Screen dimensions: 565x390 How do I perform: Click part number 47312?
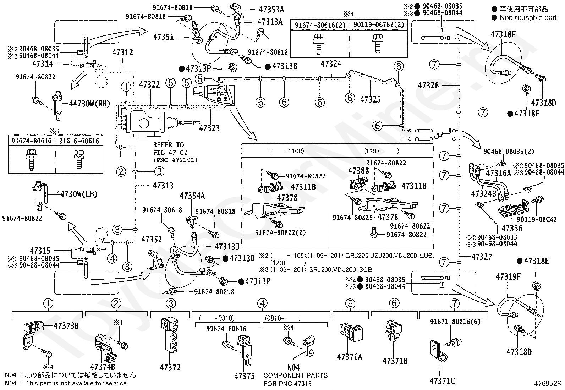pyautogui.click(x=122, y=52)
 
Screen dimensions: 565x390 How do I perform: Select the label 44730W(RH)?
pyautogui.click(x=89, y=103)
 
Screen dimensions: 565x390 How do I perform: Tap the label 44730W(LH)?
pyautogui.click(x=77, y=194)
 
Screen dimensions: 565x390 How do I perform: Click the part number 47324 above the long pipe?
pyautogui.click(x=331, y=64)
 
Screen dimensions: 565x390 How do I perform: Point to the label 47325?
pyautogui.click(x=370, y=99)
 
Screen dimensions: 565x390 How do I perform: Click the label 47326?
pyautogui.click(x=429, y=86)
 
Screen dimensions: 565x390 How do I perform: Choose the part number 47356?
pyautogui.click(x=512, y=228)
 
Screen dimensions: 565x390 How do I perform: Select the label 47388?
pyautogui.click(x=358, y=171)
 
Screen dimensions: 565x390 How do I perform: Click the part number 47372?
pyautogui.click(x=170, y=367)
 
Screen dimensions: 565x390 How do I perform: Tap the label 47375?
pyautogui.click(x=245, y=376)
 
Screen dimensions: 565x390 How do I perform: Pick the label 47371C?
pyautogui.click(x=442, y=381)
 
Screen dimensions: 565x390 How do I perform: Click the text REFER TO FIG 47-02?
pyautogui.click(x=170, y=149)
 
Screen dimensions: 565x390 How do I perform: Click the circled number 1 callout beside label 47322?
pyautogui.click(x=126, y=87)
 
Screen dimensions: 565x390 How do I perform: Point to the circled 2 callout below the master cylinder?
pyautogui.click(x=121, y=171)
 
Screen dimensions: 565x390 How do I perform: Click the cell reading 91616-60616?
pyautogui.click(x=79, y=141)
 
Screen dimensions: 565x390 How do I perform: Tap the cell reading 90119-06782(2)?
pyautogui.click(x=379, y=25)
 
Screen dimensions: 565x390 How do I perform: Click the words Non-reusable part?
pyautogui.click(x=528, y=18)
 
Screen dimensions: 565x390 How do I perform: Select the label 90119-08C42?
pyautogui.click(x=537, y=219)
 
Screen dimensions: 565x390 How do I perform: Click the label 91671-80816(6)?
pyautogui.click(x=455, y=322)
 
